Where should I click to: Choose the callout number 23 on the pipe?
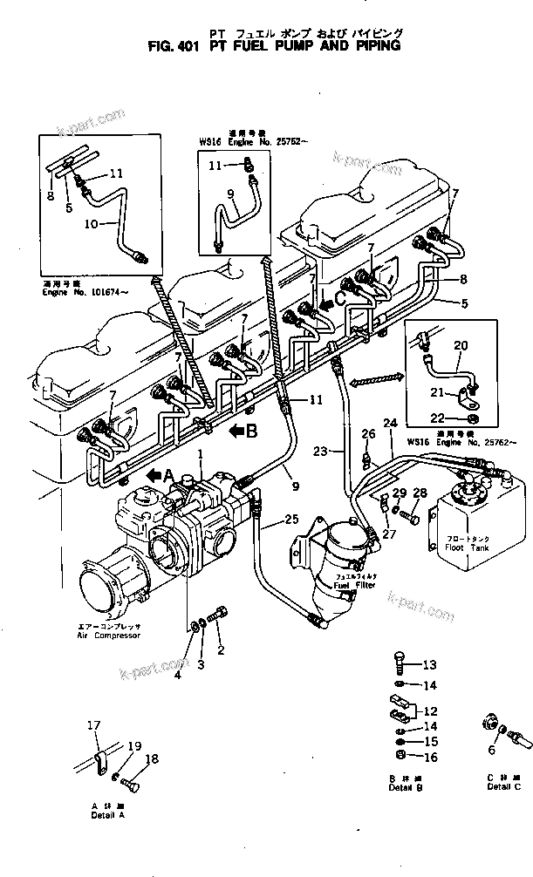321,451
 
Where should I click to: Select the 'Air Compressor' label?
109,636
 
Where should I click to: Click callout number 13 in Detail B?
428,665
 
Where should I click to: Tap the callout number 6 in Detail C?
493,749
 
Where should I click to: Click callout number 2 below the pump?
221,649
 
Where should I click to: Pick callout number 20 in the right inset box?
461,346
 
